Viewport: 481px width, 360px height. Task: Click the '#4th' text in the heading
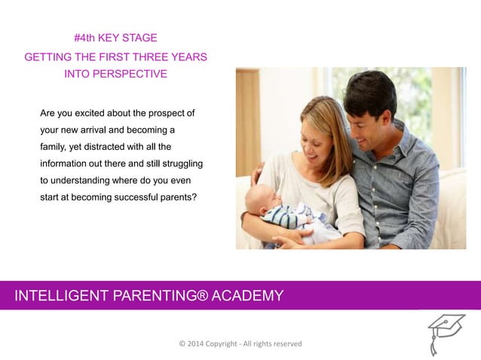pos(86,38)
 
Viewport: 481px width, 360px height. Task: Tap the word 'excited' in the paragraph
pos(97,114)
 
